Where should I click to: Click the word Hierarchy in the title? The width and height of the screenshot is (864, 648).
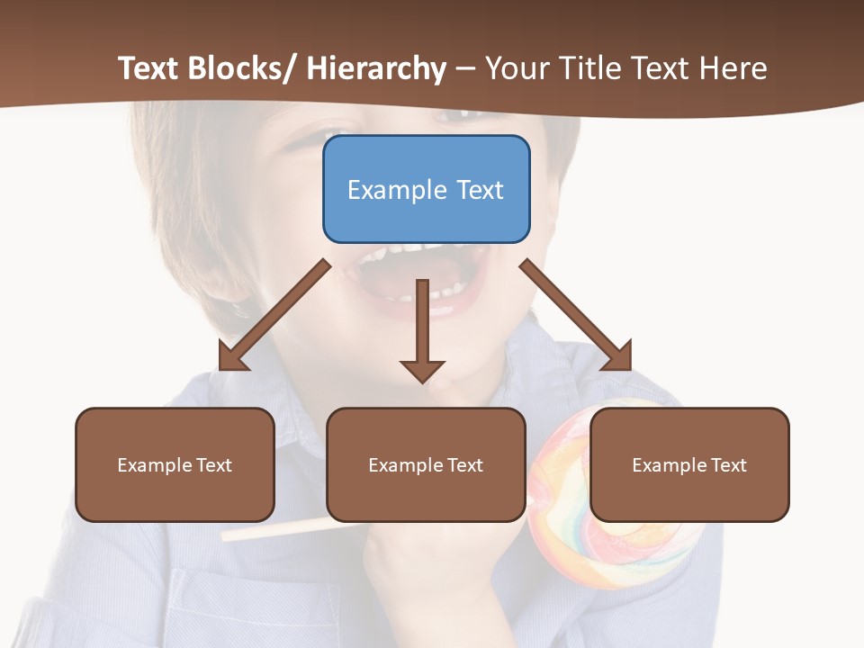coord(376,68)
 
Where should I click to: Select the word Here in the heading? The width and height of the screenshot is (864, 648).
coord(734,68)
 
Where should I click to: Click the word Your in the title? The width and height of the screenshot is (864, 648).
coord(519,68)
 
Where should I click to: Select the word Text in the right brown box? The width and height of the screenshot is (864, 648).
coord(729,464)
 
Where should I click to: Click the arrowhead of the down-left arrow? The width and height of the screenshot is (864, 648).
coord(231,356)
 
